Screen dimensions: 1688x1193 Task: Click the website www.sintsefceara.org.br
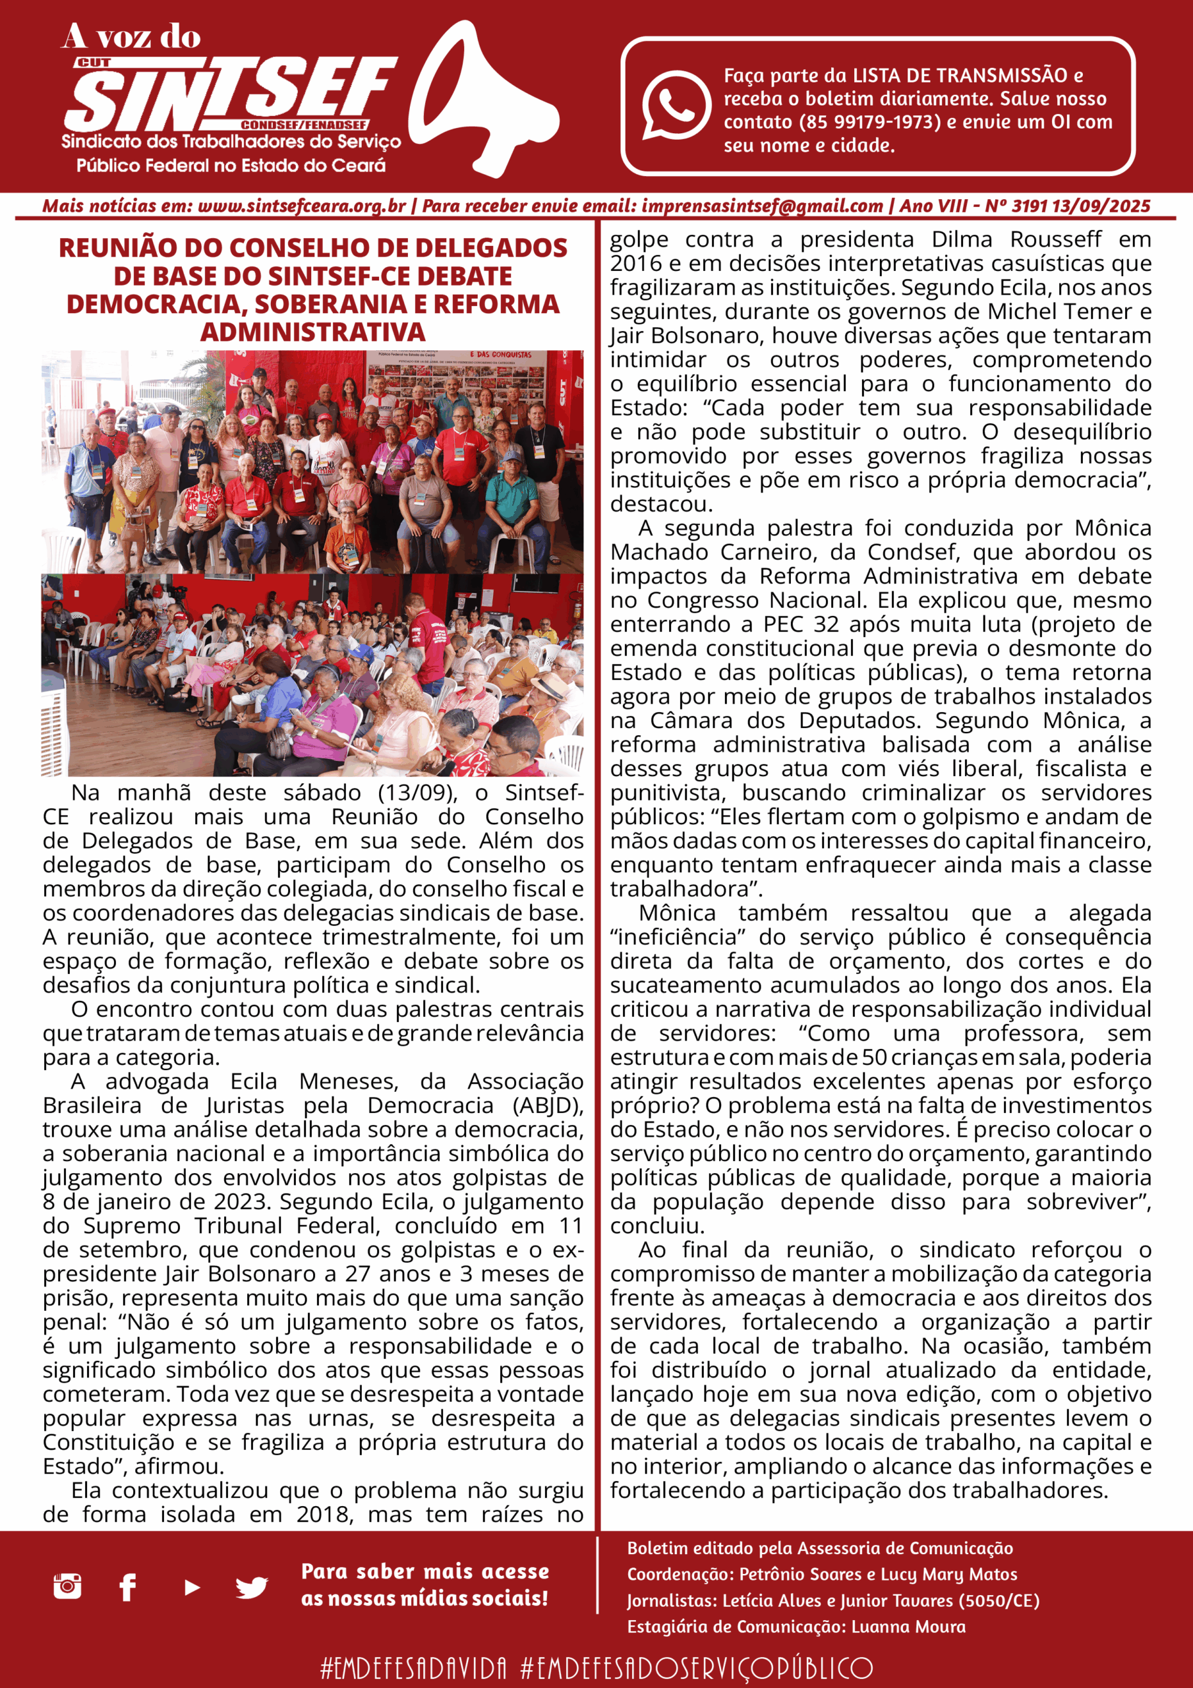click(x=301, y=206)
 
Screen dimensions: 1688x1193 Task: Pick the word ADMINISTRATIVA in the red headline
click(x=313, y=332)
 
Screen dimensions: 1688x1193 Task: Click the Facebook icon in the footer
click(x=128, y=1586)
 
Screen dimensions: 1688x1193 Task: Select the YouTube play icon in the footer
click(x=192, y=1586)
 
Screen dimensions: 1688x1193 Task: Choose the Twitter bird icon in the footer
click(x=251, y=1587)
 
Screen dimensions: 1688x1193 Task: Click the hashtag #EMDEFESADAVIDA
click(x=414, y=1668)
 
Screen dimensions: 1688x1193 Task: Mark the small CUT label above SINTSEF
click(x=94, y=63)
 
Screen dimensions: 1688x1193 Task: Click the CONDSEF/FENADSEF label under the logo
click(x=305, y=125)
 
